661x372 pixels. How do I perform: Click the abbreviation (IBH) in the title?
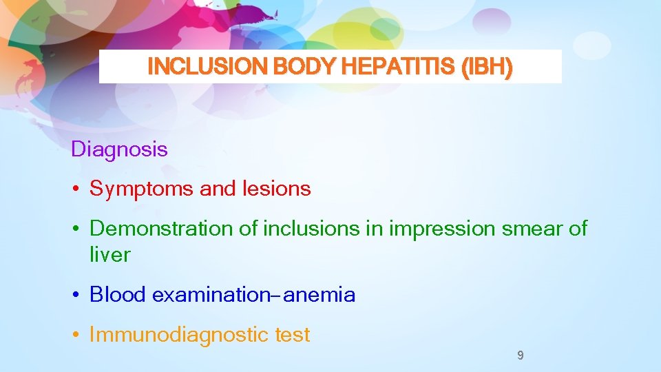pyautogui.click(x=487, y=67)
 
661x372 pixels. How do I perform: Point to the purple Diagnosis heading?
pyautogui.click(x=119, y=149)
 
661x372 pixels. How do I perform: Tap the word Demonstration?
pyautogui.click(x=162, y=229)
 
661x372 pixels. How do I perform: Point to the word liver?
pyautogui.click(x=109, y=255)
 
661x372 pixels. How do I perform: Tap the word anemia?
pyautogui.click(x=319, y=295)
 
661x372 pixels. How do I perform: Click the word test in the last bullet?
pyautogui.click(x=293, y=335)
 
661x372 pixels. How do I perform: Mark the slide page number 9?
pyautogui.click(x=520, y=355)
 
